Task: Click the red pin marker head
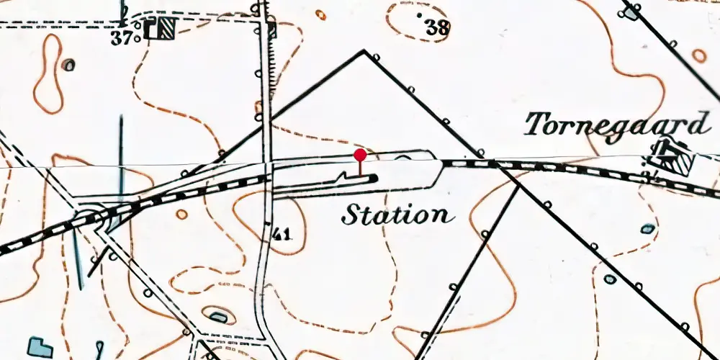point(360,154)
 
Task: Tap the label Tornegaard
point(616,125)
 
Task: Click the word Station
point(397,215)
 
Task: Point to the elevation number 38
point(437,28)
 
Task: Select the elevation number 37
point(123,38)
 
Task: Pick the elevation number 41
point(282,233)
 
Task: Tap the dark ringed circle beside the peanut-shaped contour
point(68,66)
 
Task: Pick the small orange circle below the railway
point(181,214)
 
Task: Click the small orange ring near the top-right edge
point(698,55)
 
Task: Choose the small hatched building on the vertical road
point(271,31)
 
